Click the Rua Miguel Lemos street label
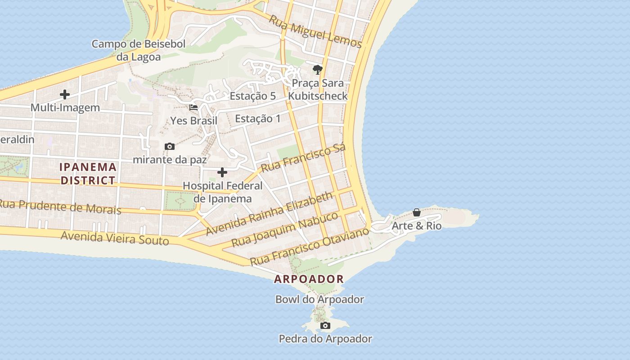click(x=315, y=31)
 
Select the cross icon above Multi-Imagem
click(x=65, y=94)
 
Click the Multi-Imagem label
click(x=65, y=108)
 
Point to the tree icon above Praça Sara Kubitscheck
click(x=318, y=70)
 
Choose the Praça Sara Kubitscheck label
click(x=318, y=90)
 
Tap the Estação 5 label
click(x=252, y=96)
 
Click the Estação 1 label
click(x=258, y=118)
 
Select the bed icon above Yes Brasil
click(x=193, y=108)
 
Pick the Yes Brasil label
click(x=193, y=121)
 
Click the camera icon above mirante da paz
click(x=170, y=146)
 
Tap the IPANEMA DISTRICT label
click(x=88, y=174)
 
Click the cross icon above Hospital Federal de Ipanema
click(x=222, y=172)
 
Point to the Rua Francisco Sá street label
click(x=303, y=158)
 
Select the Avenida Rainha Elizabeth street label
click(x=270, y=213)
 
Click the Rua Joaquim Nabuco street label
click(x=284, y=229)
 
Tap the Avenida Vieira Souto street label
click(x=115, y=238)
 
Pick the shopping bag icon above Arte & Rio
click(x=417, y=212)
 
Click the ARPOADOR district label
click(x=309, y=279)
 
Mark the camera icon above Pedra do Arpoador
click(x=325, y=325)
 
